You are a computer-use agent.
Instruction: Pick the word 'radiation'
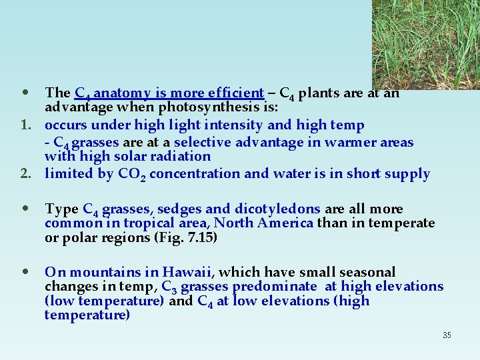click(181, 157)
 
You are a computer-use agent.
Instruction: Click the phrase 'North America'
click(263, 223)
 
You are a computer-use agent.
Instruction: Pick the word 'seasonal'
click(368, 272)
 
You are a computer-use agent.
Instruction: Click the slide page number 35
click(447, 335)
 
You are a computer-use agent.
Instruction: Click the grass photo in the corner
click(425, 44)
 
